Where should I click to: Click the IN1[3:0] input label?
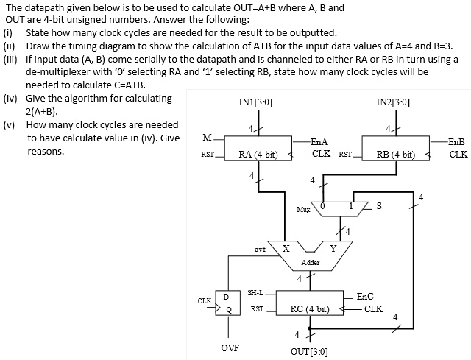(256, 103)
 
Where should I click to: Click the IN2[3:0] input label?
(393, 103)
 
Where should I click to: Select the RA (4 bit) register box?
(258, 155)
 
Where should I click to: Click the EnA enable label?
(319, 141)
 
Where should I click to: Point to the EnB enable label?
(456, 141)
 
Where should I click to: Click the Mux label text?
(303, 210)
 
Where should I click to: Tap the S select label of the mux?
(380, 206)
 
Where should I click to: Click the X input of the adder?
(285, 248)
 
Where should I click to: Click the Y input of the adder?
(333, 248)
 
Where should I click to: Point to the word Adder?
(310, 262)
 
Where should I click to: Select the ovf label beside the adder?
(260, 250)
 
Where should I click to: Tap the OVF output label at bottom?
(230, 347)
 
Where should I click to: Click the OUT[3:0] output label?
(310, 351)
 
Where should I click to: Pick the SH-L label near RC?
(255, 292)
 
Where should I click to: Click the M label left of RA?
(208, 137)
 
